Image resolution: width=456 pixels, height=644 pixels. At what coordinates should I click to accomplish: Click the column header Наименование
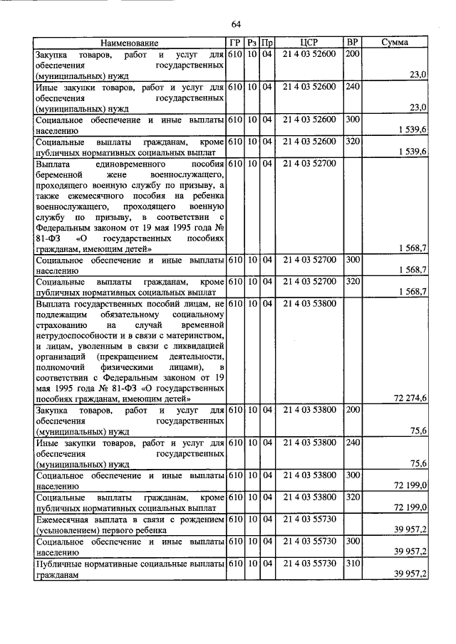pyautogui.click(x=129, y=43)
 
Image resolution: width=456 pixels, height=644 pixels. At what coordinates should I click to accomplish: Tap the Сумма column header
pyautogui.click(x=394, y=43)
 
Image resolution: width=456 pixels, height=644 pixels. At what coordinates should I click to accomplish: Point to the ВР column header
pyautogui.click(x=352, y=43)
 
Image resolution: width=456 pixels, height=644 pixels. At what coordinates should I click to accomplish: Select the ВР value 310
pyautogui.click(x=352, y=563)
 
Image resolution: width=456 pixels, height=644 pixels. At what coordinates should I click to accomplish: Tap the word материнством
pyautogui.click(x=193, y=334)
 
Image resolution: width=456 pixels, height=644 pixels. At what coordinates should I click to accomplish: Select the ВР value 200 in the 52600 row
pyautogui.click(x=352, y=53)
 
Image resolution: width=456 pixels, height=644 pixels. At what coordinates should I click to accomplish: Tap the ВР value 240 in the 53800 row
pyautogui.click(x=352, y=443)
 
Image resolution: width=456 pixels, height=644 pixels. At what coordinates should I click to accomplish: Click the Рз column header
pyautogui.click(x=252, y=43)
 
